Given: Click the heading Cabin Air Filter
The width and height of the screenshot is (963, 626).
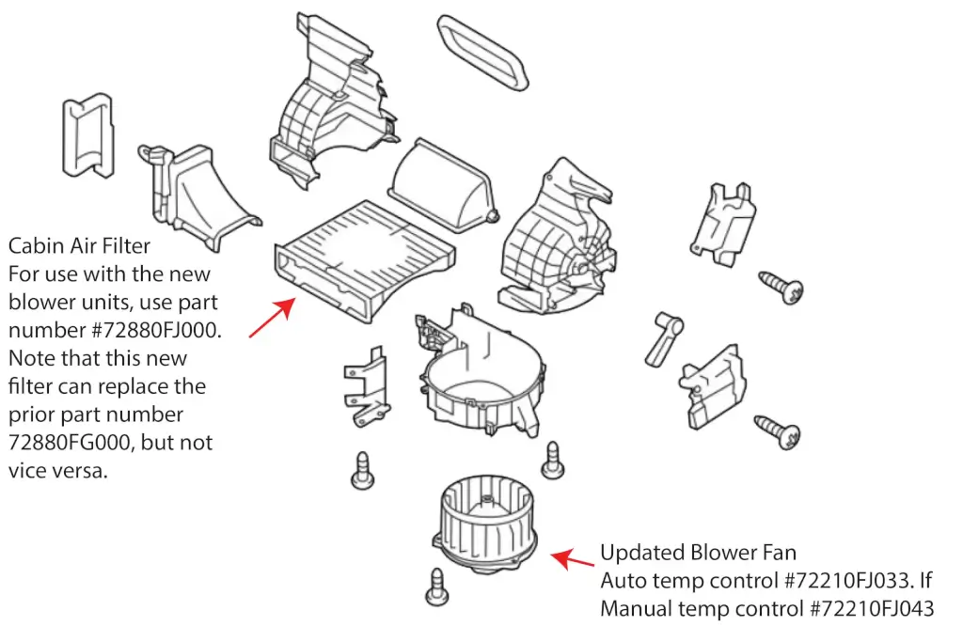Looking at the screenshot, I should pos(79,246).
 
